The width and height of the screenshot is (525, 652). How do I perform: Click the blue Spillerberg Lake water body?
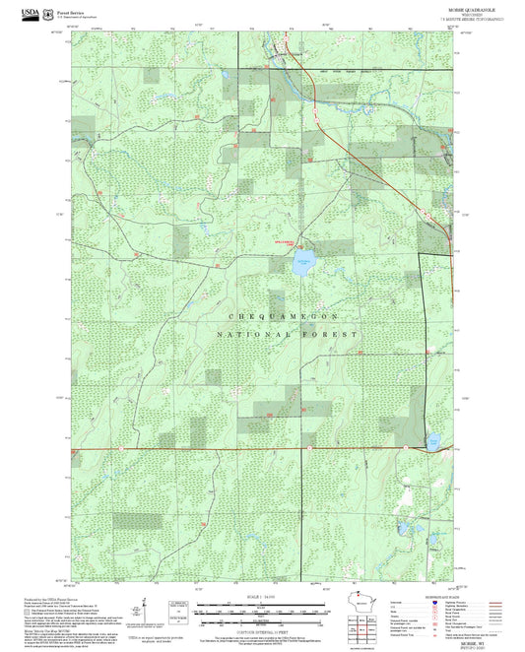coord(302,262)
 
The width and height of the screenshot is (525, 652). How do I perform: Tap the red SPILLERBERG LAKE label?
coord(283,238)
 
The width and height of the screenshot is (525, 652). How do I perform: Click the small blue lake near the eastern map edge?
coord(431,442)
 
